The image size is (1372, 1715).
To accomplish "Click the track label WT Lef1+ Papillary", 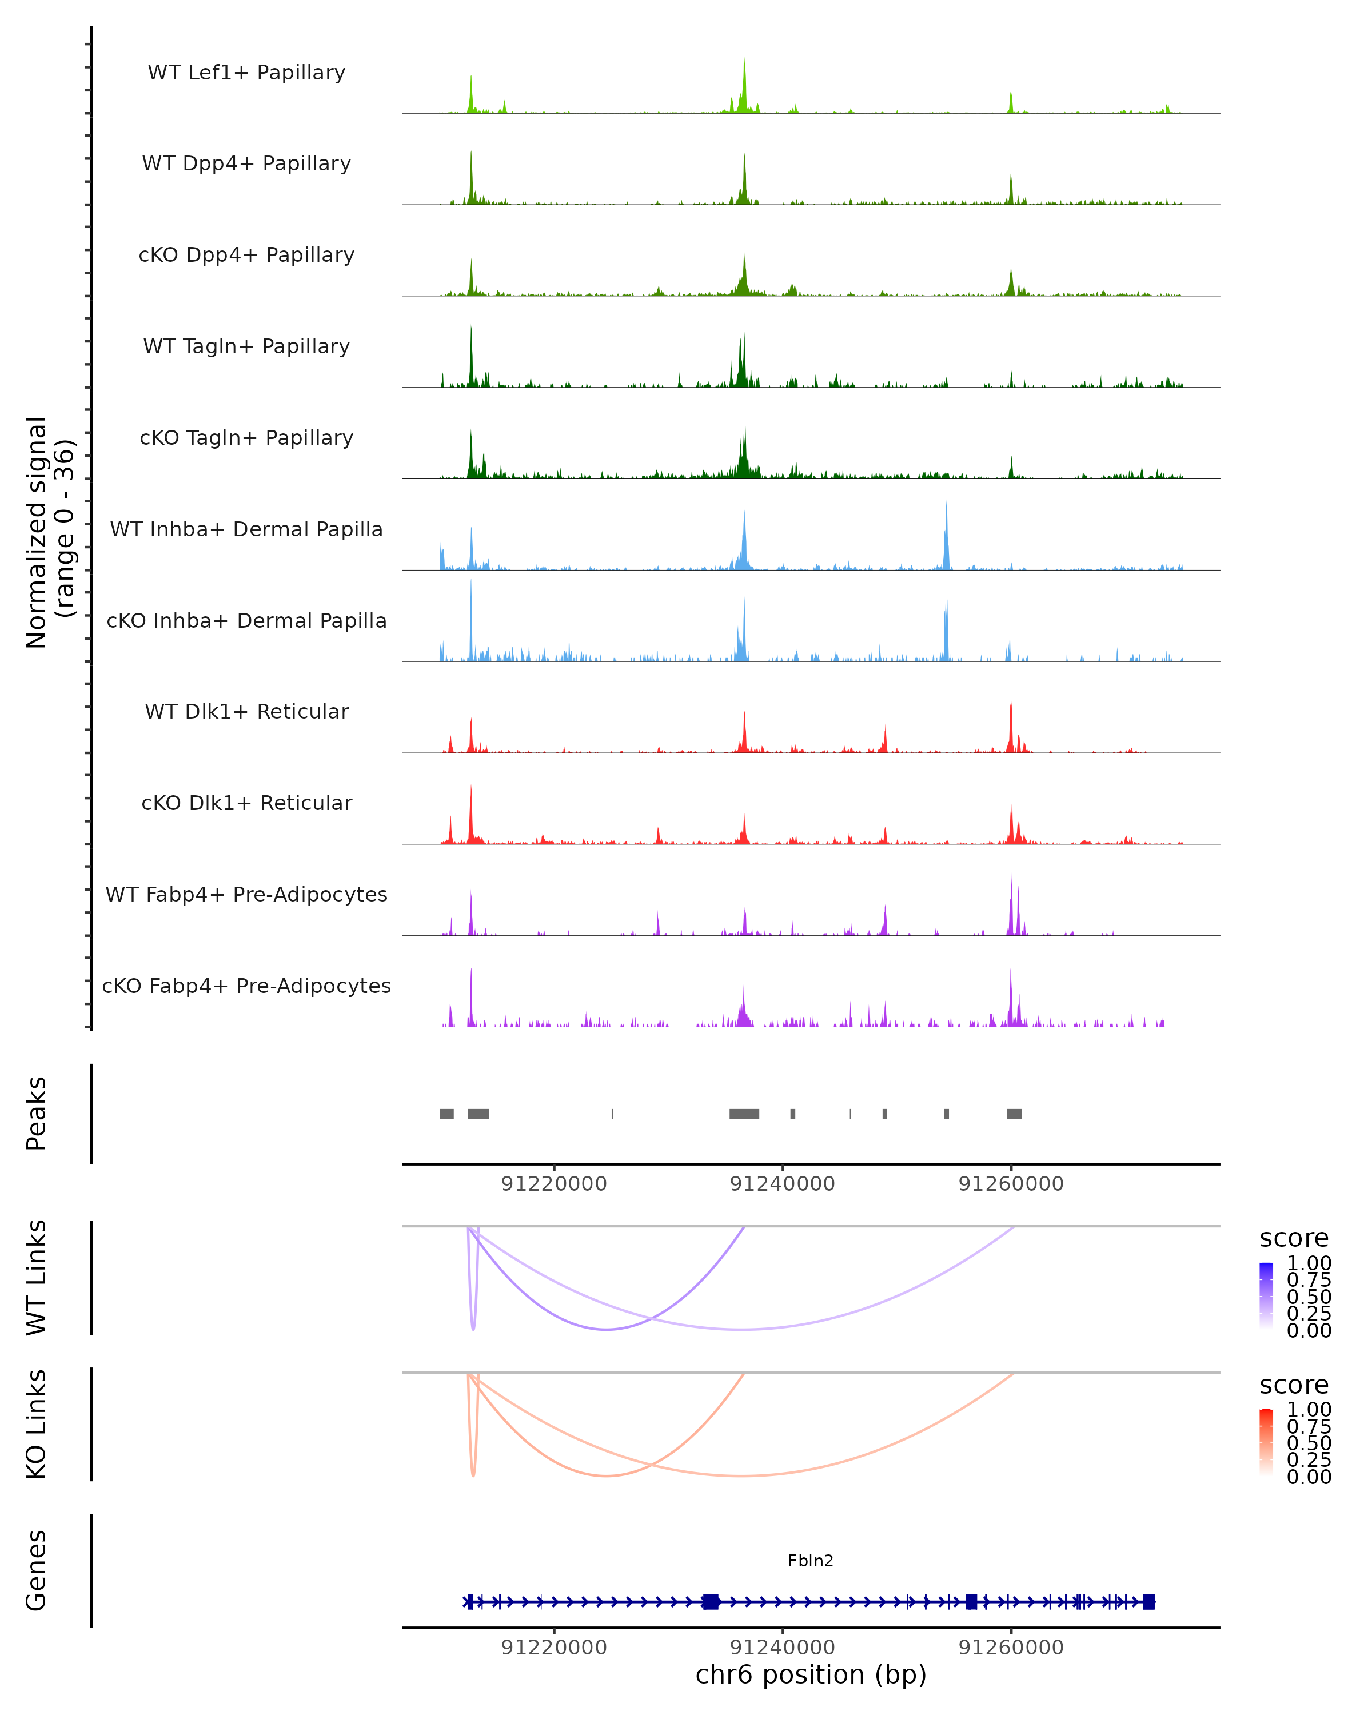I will (246, 73).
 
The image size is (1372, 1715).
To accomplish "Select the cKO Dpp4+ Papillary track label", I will (246, 254).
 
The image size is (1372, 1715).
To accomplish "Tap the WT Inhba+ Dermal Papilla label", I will (246, 529).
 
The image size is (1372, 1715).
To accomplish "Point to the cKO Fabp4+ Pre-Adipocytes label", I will (246, 986).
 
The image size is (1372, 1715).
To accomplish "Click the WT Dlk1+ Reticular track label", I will (246, 711).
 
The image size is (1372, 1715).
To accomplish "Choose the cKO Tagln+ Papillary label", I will (246, 437).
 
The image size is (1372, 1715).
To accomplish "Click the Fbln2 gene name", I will (811, 1561).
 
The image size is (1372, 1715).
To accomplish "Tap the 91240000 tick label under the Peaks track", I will (783, 1184).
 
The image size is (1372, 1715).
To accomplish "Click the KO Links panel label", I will (37, 1424).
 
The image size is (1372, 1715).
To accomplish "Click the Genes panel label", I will (37, 1570).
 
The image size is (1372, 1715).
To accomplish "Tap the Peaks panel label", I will (37, 1114).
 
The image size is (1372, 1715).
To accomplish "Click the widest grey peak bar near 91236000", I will (744, 1114).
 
